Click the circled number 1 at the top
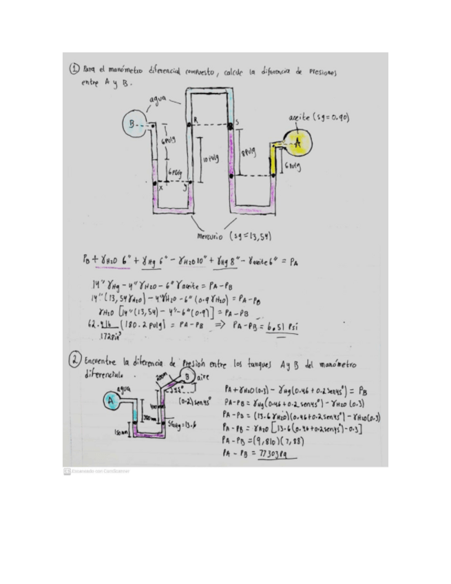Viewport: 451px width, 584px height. (x=74, y=69)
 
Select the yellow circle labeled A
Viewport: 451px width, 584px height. (x=298, y=143)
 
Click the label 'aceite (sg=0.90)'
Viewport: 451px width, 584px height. (x=319, y=118)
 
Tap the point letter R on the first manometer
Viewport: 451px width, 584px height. (x=196, y=119)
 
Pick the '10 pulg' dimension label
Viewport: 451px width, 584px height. (x=211, y=159)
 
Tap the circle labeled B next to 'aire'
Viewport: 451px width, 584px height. (x=187, y=377)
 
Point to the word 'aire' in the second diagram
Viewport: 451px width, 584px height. (x=204, y=377)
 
